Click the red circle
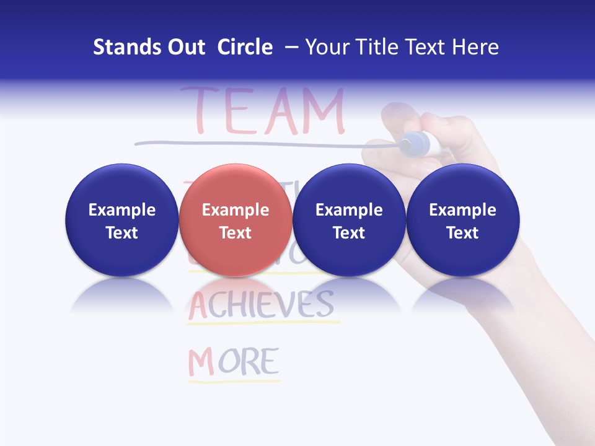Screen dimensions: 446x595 pyautogui.click(x=236, y=221)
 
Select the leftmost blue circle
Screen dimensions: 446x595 pyautogui.click(x=122, y=221)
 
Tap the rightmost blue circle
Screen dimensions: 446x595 pyautogui.click(x=463, y=221)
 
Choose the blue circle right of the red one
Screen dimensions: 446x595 pyautogui.click(x=349, y=221)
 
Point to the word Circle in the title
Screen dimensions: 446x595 pyautogui.click(x=245, y=47)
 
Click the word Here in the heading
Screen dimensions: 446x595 pyautogui.click(x=474, y=47)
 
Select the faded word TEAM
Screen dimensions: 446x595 pyautogui.click(x=262, y=111)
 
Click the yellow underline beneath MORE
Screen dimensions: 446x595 pyautogui.click(x=234, y=380)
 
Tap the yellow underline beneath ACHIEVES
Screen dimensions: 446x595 pyautogui.click(x=263, y=322)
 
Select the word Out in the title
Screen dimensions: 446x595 pyautogui.click(x=186, y=47)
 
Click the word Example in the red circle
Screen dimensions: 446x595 pyautogui.click(x=236, y=210)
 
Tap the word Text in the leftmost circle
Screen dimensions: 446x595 pyautogui.click(x=122, y=233)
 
